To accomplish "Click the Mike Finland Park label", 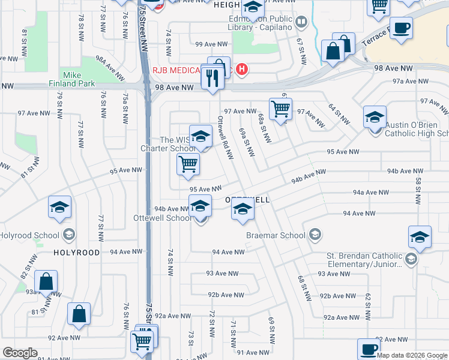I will (x=80, y=79).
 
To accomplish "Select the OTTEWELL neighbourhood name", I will (x=248, y=199).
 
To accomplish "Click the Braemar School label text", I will (x=276, y=235).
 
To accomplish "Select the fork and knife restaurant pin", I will (x=212, y=79).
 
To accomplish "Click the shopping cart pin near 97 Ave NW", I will (x=280, y=109).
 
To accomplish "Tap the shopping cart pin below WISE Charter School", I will (x=188, y=163).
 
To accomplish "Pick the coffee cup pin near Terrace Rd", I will (x=401, y=27).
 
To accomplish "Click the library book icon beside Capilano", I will (x=301, y=23).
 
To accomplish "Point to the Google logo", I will (x=20, y=353).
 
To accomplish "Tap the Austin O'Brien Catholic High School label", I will (x=416, y=129).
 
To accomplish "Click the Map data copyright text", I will (x=412, y=355).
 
